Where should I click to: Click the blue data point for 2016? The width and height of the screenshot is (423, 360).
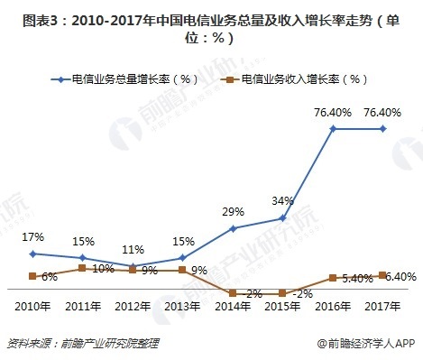334,129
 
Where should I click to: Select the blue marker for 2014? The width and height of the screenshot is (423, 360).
233,228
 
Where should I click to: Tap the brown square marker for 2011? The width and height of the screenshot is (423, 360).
82,268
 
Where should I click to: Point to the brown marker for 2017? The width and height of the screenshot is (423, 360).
383,274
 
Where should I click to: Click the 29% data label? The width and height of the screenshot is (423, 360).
234,210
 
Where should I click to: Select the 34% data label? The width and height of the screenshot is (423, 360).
283,199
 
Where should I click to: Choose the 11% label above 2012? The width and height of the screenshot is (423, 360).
133,249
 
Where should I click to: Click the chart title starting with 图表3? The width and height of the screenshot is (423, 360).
211,26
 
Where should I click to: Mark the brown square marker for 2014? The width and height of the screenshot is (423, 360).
233,292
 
